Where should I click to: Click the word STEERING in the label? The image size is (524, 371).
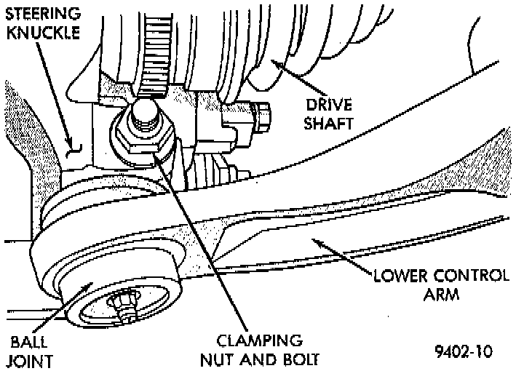[41, 14]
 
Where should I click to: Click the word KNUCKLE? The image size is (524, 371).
[41, 33]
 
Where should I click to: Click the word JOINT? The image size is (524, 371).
[30, 359]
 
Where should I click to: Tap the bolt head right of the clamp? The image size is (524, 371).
[262, 116]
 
